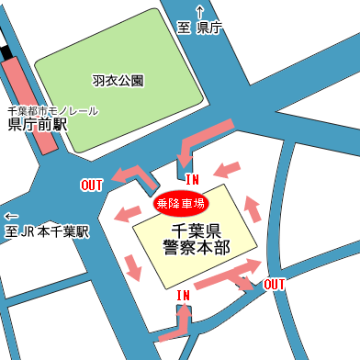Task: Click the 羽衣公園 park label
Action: pos(118,81)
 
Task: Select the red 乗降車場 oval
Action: pos(181,202)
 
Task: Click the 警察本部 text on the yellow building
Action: pos(196,247)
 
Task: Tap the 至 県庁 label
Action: pos(200,28)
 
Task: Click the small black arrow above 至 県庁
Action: pos(200,11)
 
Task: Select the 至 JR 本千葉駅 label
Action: pos(47,231)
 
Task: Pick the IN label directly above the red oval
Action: pos(193,178)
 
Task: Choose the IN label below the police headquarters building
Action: pos(184,296)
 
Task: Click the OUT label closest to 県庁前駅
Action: pos(92,186)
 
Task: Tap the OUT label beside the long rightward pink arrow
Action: pos(274,284)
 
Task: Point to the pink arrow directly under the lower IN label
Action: pos(185,321)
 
